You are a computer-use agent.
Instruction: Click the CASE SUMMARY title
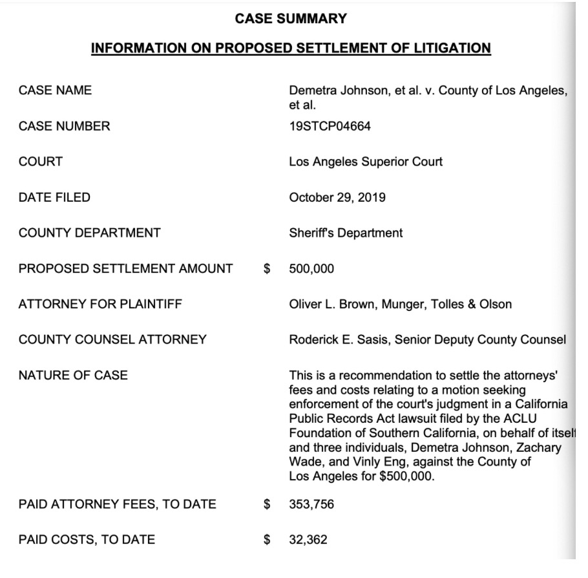click(291, 19)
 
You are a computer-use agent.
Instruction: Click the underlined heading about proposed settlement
click(291, 48)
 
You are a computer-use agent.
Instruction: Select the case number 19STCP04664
click(330, 126)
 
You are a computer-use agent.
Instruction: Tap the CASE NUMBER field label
click(65, 126)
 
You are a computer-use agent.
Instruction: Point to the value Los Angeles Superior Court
click(366, 162)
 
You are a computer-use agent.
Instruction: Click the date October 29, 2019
click(337, 197)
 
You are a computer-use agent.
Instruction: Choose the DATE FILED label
click(55, 197)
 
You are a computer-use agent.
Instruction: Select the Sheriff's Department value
click(346, 233)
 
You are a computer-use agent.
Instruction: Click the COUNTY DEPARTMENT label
click(90, 233)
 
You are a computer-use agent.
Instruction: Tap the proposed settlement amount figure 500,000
click(311, 268)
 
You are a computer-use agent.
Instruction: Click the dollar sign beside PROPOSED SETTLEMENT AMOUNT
click(266, 268)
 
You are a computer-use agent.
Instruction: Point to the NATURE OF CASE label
click(74, 375)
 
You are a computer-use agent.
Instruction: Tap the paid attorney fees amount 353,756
click(311, 504)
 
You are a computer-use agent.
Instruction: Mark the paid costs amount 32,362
click(308, 539)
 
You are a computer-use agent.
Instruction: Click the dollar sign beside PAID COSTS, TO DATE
click(266, 539)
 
